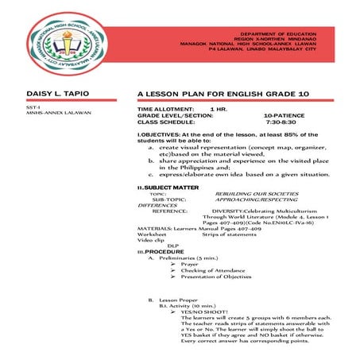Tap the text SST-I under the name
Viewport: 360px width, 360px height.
(x=33, y=106)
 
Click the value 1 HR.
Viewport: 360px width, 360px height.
(x=218, y=108)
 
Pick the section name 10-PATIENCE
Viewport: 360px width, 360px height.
(x=287, y=115)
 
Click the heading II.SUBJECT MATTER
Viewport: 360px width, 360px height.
(x=168, y=187)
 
